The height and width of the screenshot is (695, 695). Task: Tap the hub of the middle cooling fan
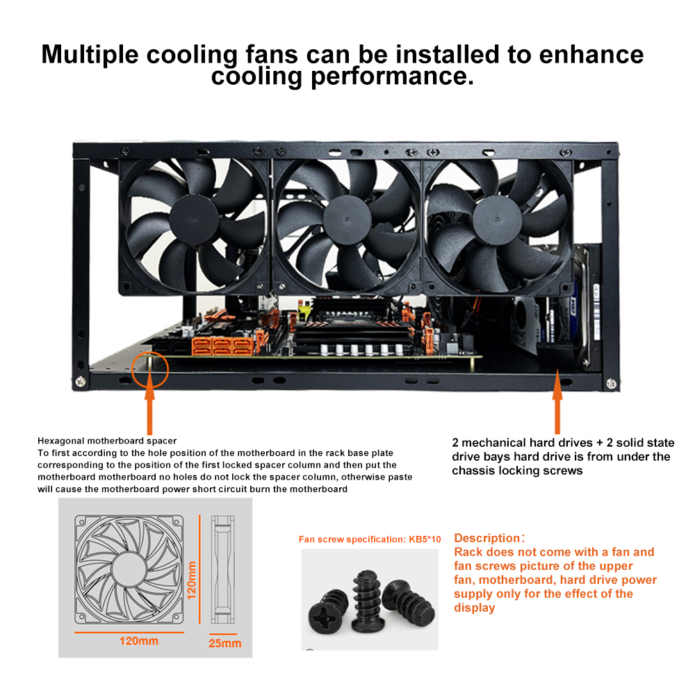pyautogui.click(x=347, y=220)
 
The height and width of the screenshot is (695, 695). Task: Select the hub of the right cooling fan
pyautogui.click(x=498, y=220)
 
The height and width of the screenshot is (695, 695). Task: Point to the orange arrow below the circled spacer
pyautogui.click(x=150, y=402)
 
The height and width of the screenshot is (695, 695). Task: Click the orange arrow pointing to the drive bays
pyautogui.click(x=557, y=402)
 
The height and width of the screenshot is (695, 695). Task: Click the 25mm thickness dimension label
pyautogui.click(x=224, y=643)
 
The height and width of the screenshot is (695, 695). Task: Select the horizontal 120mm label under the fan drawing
pyautogui.click(x=139, y=641)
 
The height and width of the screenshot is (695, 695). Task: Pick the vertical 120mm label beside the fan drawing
pyautogui.click(x=192, y=580)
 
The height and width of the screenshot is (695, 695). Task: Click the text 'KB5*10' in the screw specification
pyautogui.click(x=425, y=539)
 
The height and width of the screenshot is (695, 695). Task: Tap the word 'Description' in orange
pyautogui.click(x=486, y=538)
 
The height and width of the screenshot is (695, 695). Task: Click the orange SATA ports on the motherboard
pyautogui.click(x=222, y=346)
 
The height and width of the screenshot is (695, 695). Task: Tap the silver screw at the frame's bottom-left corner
pyautogui.click(x=80, y=382)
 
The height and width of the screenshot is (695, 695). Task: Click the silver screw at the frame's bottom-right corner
pyautogui.click(x=611, y=384)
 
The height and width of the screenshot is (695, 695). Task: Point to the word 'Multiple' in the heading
pyautogui.click(x=90, y=55)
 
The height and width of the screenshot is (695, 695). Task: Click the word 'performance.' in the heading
pyautogui.click(x=392, y=77)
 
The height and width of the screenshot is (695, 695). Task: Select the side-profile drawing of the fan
pyautogui.click(x=222, y=570)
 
